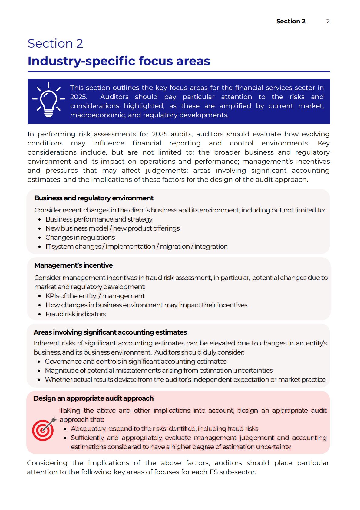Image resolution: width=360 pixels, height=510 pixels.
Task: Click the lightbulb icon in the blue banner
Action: pos(48,100)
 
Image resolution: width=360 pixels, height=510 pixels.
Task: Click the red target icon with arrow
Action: pos(44,429)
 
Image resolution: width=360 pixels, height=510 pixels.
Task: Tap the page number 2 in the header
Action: pos(328,21)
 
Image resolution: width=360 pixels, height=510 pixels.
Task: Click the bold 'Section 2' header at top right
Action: pos(291,21)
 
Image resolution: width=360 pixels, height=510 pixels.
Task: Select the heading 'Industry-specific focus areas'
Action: pos(119,61)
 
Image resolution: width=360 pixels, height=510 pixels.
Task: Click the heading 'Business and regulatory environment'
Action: pos(94,198)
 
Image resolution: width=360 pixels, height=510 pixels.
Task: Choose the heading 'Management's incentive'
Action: pos(73,265)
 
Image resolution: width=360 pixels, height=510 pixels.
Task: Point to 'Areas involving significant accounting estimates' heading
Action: pos(110,332)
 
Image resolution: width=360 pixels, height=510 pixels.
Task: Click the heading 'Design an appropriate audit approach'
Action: pos(93,398)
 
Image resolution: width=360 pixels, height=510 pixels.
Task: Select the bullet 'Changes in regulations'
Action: pos(80,238)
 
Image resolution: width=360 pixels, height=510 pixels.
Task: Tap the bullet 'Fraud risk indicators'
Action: pos(76,314)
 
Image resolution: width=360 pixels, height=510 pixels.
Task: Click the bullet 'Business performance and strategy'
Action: pos(99,219)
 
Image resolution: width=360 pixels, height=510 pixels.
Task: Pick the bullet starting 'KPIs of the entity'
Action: pos(95,296)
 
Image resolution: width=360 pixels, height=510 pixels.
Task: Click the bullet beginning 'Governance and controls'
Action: pos(135,362)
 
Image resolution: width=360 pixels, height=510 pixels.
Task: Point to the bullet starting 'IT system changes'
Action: pos(136,247)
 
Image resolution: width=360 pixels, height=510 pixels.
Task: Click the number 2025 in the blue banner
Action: pos(78,97)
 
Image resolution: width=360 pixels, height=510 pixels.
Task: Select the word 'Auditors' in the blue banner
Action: pos(114,97)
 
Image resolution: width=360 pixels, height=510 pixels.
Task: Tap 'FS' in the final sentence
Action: pos(213,472)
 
